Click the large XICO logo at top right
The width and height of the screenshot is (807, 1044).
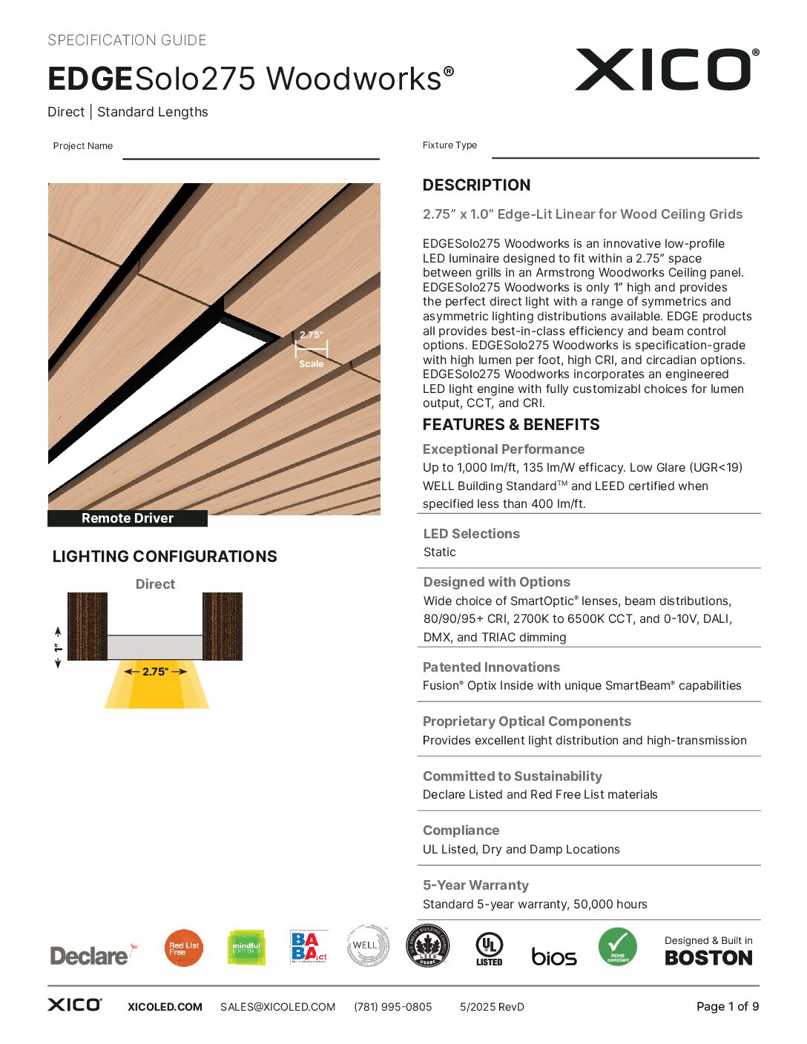tap(665, 70)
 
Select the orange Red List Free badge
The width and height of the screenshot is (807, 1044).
tap(184, 948)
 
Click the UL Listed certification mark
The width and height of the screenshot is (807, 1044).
tap(489, 948)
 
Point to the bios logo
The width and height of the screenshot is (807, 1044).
tap(553, 957)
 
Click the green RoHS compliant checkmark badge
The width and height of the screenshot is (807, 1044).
tap(617, 947)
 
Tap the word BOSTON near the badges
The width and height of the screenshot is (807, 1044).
tap(708, 958)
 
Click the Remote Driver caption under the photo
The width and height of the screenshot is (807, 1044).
tap(128, 518)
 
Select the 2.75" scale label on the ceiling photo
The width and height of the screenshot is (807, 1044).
tap(312, 335)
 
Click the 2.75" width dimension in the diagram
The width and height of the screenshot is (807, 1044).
tap(155, 672)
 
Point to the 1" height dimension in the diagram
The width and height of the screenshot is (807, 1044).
tap(58, 647)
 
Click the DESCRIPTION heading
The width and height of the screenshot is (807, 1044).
tap(476, 185)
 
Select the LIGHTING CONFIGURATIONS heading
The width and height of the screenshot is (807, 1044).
tap(165, 557)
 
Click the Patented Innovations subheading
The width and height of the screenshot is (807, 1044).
tap(491, 667)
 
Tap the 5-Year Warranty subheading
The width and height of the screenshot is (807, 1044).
tap(475, 885)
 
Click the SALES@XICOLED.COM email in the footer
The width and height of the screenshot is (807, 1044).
tap(277, 1007)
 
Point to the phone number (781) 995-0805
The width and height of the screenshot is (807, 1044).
tap(392, 1007)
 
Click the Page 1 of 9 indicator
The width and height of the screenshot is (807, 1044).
tap(727, 1006)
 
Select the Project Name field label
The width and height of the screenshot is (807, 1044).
tap(83, 146)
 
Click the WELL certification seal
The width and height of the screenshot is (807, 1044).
tap(368, 945)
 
